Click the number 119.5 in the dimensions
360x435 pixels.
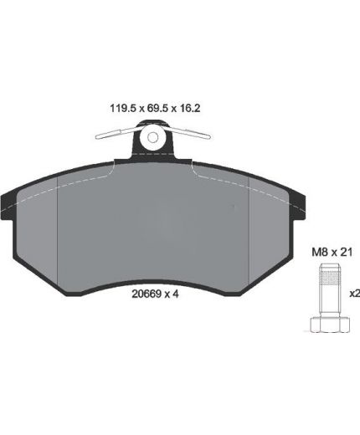123,108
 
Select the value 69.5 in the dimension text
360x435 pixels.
157,108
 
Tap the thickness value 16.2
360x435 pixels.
190,108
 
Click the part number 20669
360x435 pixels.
147,294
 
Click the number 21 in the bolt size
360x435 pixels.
347,253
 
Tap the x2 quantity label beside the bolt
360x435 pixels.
355,294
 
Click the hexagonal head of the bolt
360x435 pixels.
330,325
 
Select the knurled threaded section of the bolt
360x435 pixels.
330,278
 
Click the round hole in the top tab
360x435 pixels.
153,137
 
